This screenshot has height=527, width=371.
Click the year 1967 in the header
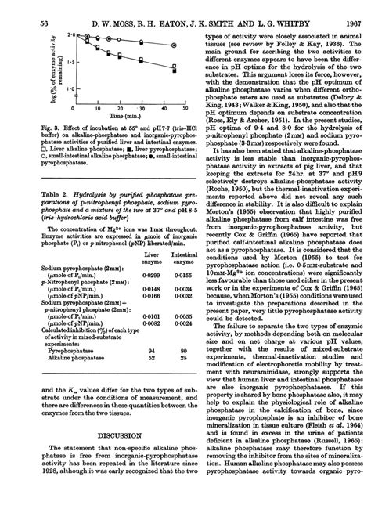pos(348,9)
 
